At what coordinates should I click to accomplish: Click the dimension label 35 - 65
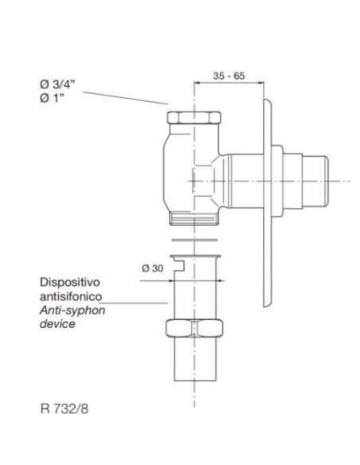pos(229,76)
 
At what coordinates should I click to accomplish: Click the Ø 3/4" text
pos(57,84)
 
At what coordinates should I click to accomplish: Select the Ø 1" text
pos(52,98)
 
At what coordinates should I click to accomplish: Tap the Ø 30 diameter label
pos(152,268)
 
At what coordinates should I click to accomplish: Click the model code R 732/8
pos(64,409)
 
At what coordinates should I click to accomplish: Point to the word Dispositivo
pos(69,283)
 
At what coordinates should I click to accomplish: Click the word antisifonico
pos(71,296)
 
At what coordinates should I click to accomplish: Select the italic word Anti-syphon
pos(72,311)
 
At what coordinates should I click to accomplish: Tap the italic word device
pos(57,323)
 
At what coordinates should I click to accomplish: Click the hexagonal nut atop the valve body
pos(194,117)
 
